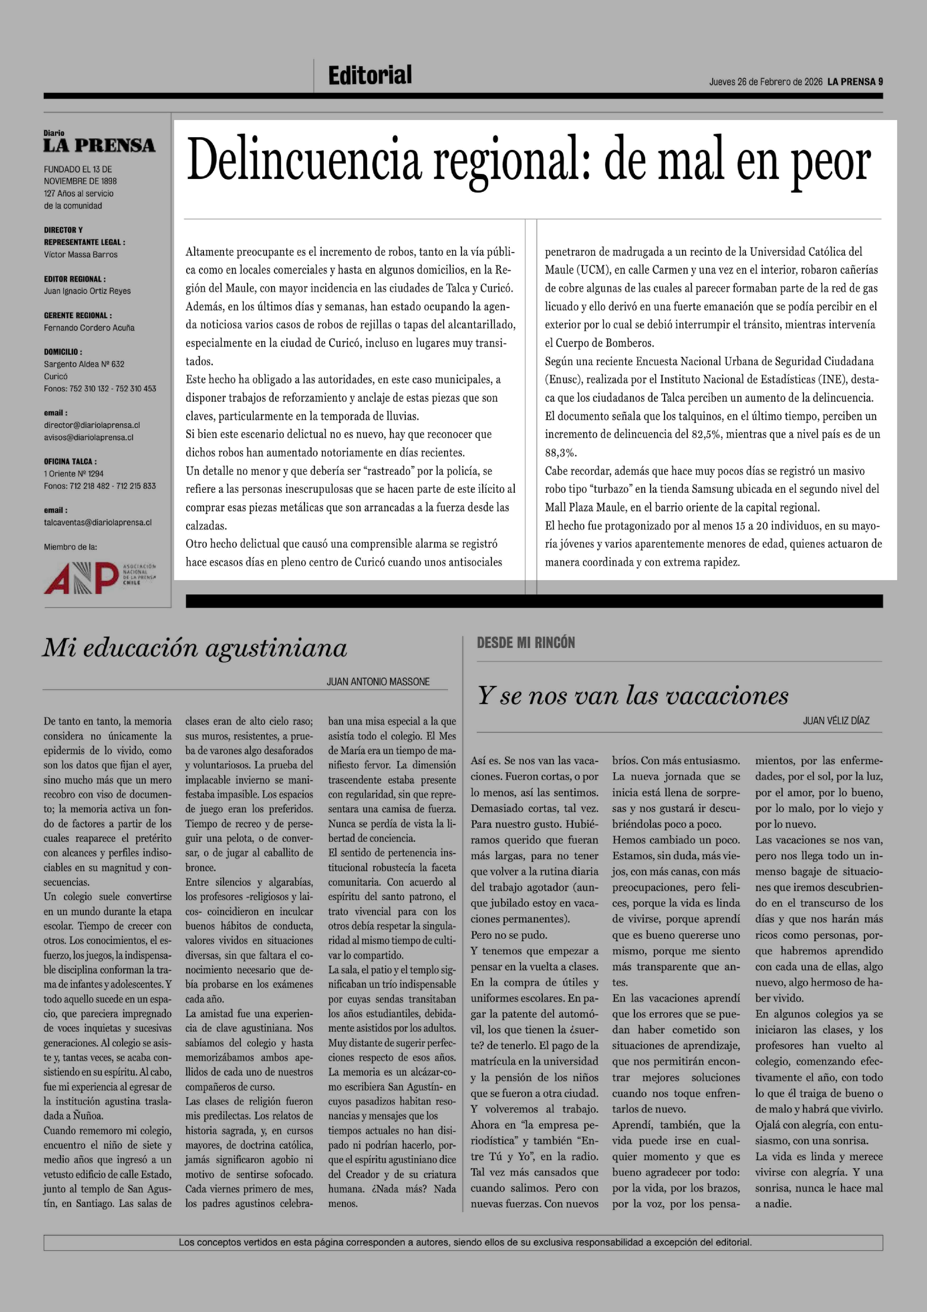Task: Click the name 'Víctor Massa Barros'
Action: (81, 255)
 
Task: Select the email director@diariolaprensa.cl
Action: (92, 425)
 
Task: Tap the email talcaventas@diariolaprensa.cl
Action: (98, 522)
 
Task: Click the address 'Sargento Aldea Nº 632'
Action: (84, 364)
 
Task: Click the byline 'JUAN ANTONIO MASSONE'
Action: (378, 682)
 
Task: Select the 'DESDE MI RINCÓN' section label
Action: (526, 643)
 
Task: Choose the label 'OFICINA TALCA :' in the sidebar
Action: (70, 461)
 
